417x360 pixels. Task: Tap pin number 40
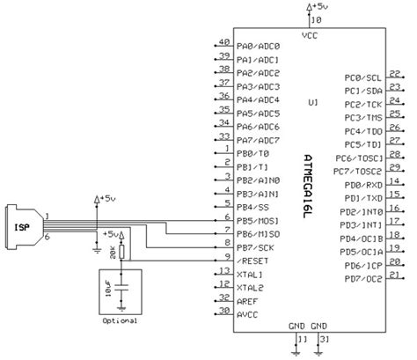point(223,41)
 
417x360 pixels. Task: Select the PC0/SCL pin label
point(362,77)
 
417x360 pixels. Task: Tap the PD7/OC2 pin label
point(362,281)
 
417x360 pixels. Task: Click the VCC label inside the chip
point(310,36)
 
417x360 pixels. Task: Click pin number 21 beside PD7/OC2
point(394,276)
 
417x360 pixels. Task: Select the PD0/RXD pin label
point(362,186)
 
